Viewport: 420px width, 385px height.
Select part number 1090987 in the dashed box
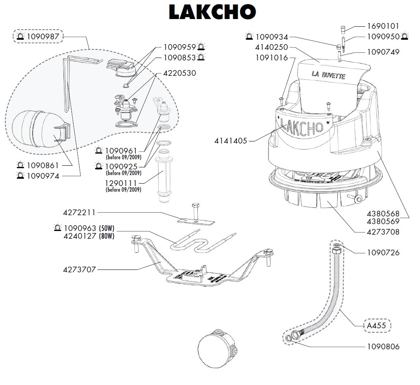43,37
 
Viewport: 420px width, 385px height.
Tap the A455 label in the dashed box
376,325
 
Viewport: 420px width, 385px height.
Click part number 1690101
383,26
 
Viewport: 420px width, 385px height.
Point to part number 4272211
80,212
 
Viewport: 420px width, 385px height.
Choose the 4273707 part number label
80,269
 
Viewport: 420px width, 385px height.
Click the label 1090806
383,347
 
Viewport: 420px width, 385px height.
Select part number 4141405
231,141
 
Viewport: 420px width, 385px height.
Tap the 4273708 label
383,232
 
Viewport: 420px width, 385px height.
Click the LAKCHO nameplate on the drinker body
303,126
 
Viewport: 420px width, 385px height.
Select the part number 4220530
180,73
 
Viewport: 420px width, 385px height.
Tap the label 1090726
383,252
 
